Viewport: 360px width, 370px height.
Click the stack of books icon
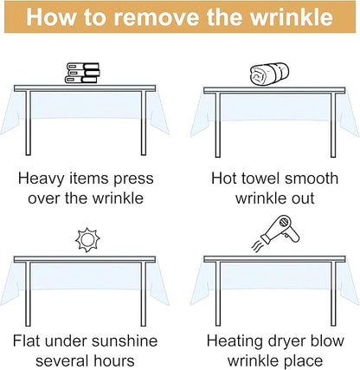82,73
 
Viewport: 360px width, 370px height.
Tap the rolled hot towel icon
269,74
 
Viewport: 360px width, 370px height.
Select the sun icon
87,240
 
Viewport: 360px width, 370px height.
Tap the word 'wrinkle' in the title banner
292,16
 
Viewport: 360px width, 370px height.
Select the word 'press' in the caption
133,179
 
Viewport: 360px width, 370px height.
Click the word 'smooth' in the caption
312,179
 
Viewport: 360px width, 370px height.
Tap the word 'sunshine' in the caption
125,341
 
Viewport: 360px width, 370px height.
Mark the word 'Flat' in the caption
26,341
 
